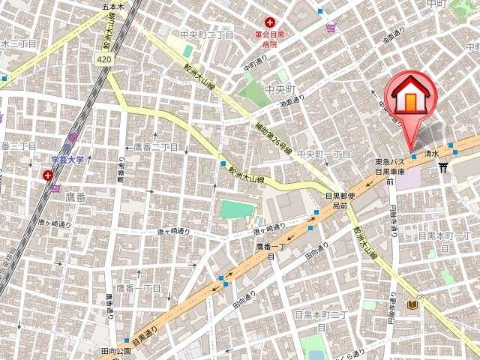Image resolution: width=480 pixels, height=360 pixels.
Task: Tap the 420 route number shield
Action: (x=105, y=58)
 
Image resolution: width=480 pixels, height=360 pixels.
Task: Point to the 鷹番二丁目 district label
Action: (x=156, y=146)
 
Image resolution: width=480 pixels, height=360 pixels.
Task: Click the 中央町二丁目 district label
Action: (x=197, y=34)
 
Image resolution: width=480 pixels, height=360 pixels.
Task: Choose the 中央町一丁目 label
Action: (x=324, y=154)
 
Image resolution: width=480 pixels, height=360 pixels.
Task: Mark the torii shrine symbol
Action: (x=444, y=167)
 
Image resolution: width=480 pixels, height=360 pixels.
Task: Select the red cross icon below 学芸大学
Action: (x=49, y=175)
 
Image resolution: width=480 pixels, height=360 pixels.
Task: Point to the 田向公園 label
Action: (x=117, y=350)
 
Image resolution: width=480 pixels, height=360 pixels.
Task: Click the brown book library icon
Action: (x=412, y=305)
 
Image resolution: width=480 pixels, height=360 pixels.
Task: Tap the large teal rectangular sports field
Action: (x=236, y=211)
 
